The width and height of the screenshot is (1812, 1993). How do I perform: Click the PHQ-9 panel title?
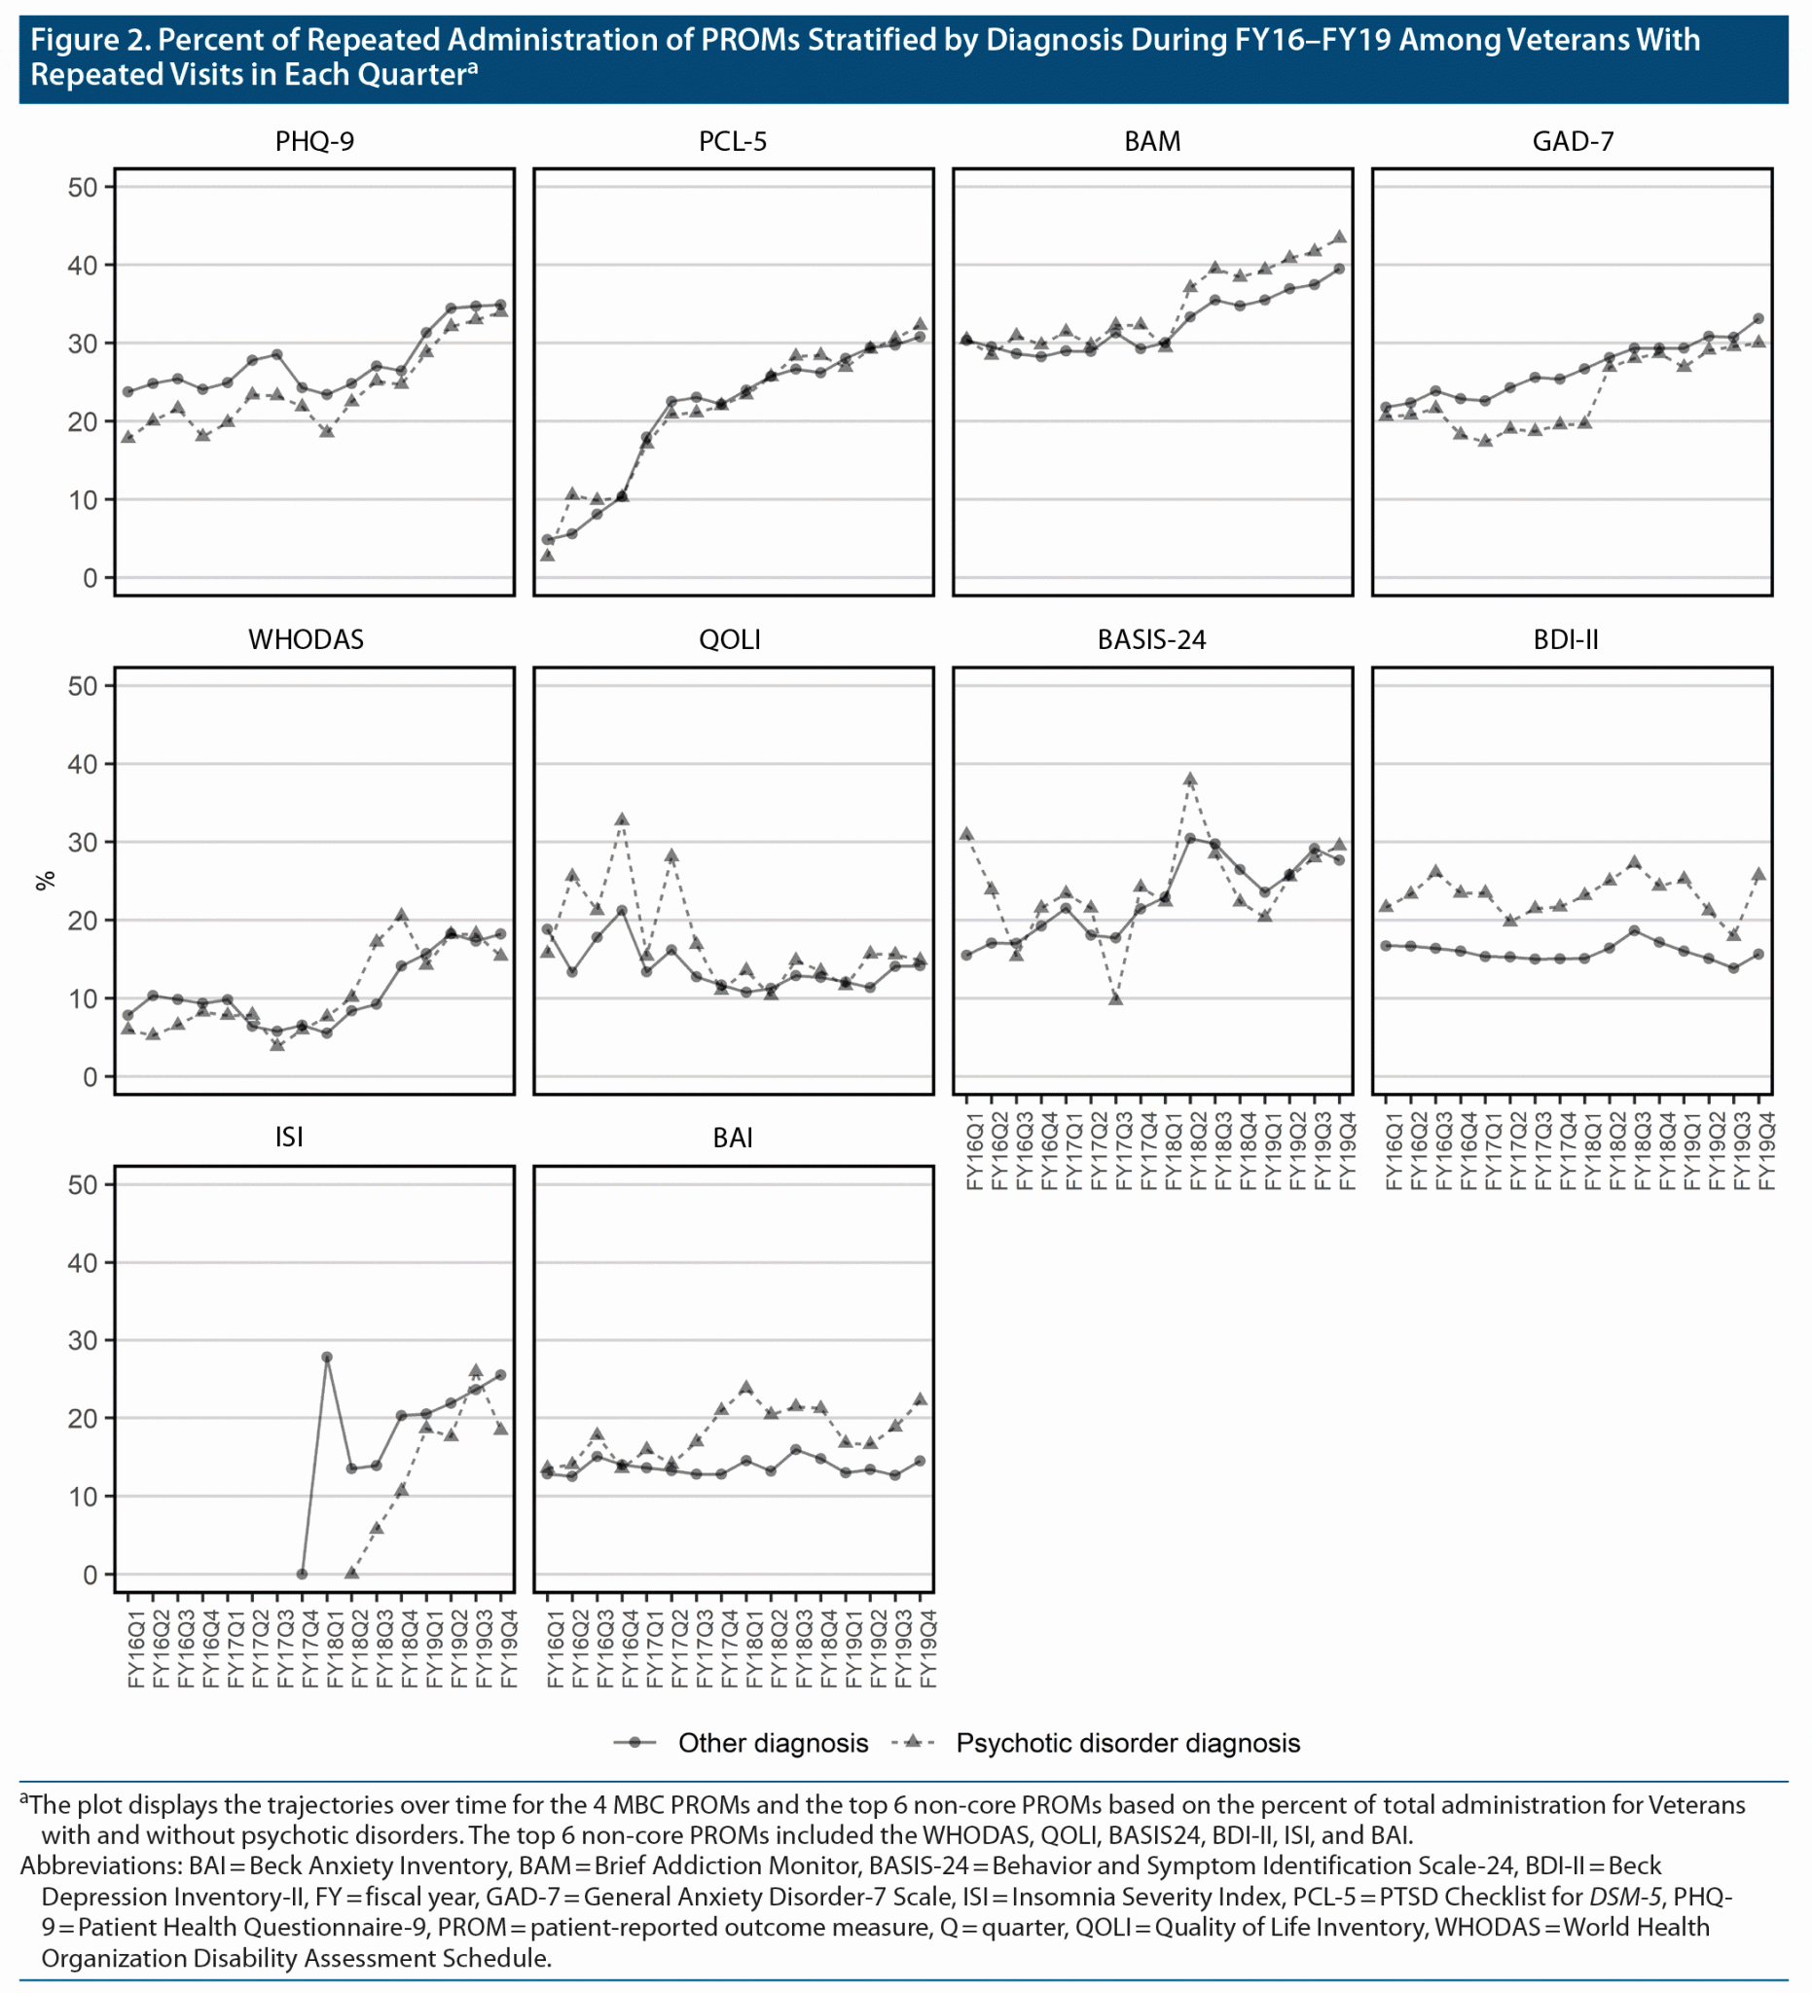(314, 141)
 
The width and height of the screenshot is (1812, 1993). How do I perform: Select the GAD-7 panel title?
(1573, 141)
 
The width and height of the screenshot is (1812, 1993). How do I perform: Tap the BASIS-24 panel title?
(1151, 639)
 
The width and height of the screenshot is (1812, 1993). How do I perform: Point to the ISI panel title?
(289, 1137)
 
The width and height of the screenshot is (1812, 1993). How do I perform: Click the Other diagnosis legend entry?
(772, 1743)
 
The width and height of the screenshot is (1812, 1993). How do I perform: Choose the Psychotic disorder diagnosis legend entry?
(1127, 1743)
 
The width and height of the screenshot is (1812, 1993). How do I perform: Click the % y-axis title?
(46, 880)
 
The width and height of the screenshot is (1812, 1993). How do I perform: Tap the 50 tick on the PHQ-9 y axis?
(82, 188)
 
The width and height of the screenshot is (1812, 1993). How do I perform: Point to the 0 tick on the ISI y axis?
(89, 1575)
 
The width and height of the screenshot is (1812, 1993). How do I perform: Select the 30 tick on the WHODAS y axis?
(82, 843)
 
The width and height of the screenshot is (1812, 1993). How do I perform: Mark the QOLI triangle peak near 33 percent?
(622, 819)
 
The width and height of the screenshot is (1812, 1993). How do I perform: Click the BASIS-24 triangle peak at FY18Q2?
(1190, 779)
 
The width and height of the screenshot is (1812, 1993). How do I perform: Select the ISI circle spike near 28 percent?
(327, 1358)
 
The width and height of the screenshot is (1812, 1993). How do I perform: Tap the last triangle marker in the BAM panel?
(1339, 237)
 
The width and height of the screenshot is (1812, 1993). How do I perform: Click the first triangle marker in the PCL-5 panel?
(548, 556)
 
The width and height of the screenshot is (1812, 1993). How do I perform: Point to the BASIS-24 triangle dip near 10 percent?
(1116, 998)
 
